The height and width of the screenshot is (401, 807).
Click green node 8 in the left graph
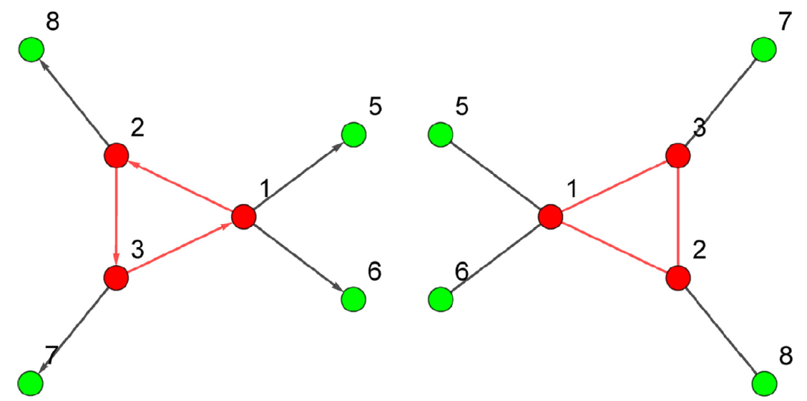point(31,50)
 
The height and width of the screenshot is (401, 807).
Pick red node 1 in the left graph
point(244,217)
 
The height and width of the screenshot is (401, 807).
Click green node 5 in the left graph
point(353,134)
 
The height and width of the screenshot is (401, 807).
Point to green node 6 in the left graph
point(353,299)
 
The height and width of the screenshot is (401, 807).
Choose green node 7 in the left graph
point(31,382)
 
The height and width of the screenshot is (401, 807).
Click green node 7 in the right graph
point(763,50)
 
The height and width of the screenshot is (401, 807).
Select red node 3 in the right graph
point(678,156)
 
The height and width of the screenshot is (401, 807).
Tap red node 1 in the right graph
point(551,217)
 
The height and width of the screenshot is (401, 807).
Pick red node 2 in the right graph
point(678,277)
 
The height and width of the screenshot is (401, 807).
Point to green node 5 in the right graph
point(441,134)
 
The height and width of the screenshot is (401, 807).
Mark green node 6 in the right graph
point(441,299)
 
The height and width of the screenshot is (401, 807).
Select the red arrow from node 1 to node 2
point(179,186)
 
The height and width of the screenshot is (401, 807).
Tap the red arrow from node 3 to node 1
point(179,247)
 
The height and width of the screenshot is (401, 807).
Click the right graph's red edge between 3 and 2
point(678,217)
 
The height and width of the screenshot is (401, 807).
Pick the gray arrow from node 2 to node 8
point(73,103)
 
